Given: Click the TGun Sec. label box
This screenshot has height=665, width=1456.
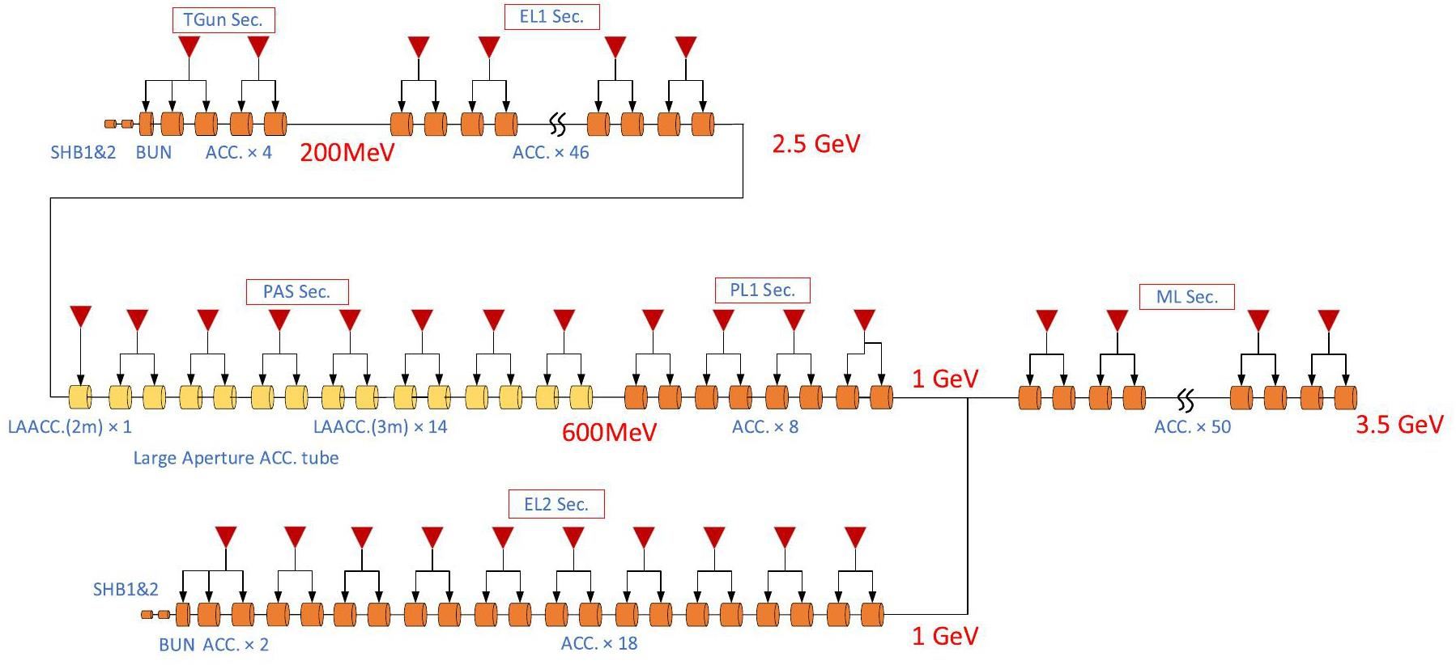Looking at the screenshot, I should tap(224, 20).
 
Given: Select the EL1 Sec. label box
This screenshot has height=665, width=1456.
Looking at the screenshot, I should tap(551, 17).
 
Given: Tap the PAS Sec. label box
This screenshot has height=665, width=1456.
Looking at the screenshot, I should tap(297, 292).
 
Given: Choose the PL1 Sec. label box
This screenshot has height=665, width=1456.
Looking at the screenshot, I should tap(762, 290).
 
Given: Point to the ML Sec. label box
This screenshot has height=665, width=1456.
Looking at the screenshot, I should tap(1186, 297).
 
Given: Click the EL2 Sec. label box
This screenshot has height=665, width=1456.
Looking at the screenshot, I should tap(556, 505).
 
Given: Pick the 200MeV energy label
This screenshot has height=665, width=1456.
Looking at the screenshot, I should tap(347, 152).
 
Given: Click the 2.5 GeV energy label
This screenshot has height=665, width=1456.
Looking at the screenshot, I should tap(815, 143).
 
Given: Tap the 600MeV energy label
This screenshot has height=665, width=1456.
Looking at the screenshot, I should tap(609, 432).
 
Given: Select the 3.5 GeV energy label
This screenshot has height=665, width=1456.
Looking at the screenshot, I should tap(1399, 425).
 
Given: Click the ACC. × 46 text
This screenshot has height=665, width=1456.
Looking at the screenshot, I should tap(551, 153).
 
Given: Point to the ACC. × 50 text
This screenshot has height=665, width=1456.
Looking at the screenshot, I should tap(1192, 427).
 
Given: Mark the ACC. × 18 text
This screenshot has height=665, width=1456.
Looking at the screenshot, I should tap(599, 644).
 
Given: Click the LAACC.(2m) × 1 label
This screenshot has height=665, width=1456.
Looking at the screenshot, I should tap(70, 427).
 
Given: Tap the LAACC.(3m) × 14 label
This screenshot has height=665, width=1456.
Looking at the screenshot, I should tap(380, 427).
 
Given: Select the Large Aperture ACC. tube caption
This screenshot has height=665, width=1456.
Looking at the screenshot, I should tap(236, 458).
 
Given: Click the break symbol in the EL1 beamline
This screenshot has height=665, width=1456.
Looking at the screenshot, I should tap(557, 125).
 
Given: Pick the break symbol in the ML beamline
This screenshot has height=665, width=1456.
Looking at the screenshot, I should tap(1186, 399).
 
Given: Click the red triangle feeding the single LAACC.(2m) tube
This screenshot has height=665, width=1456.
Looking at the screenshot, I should tap(80, 316).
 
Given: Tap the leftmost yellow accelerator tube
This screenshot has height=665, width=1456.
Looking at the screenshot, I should tap(79, 397).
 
